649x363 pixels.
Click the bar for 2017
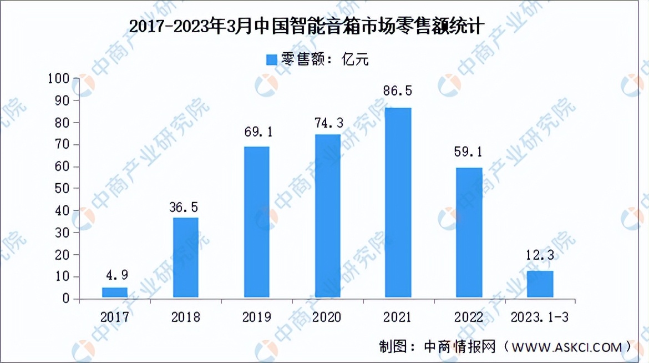115,293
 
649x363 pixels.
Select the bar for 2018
185,258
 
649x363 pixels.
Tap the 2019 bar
256,223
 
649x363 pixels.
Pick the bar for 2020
327,216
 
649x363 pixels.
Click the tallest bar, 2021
398,203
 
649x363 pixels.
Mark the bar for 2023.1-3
540,285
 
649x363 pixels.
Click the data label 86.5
398,91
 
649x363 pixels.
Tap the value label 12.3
540,256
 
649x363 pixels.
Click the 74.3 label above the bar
327,119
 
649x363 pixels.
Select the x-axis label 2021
398,317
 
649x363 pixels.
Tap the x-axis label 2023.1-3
540,317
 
